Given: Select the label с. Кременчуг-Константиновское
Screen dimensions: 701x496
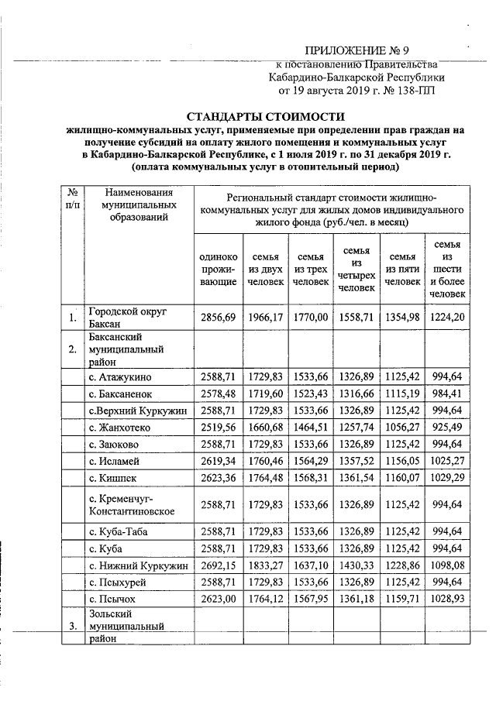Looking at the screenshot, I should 130,503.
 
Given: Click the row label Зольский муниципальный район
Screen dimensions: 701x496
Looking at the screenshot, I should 116,626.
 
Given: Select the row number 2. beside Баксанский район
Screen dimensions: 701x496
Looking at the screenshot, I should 71,349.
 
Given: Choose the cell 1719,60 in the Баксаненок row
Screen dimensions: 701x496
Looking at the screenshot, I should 264,393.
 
